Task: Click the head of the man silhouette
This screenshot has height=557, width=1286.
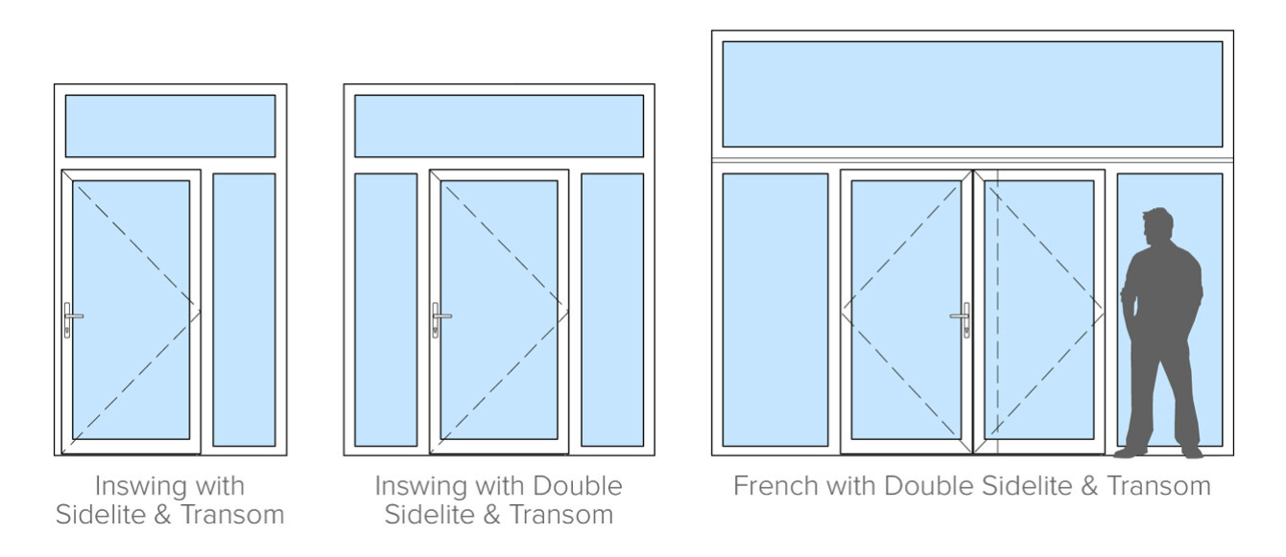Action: [x=1158, y=226]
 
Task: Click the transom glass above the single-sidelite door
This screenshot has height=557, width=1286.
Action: [x=170, y=126]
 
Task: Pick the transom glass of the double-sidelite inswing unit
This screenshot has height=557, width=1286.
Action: [x=498, y=126]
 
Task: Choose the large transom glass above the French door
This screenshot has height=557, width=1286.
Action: [x=971, y=94]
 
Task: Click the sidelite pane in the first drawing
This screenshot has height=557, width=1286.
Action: [x=244, y=309]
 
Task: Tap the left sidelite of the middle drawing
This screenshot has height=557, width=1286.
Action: [x=386, y=309]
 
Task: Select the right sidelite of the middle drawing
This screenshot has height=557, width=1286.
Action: [x=612, y=309]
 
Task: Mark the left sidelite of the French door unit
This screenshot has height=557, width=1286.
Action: [x=774, y=309]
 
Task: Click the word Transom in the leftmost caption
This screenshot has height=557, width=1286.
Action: [x=234, y=515]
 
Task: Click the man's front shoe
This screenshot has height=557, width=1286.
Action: [x=1129, y=452]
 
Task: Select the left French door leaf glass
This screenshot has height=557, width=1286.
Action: [x=906, y=309]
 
